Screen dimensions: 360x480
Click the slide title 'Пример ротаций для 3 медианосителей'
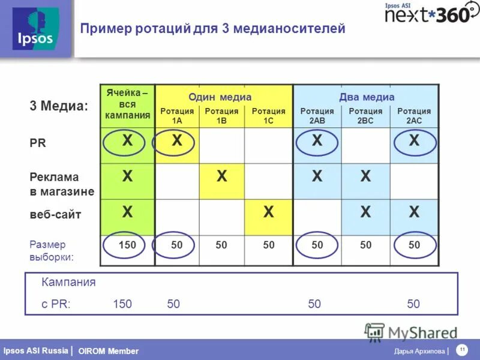coord(213,28)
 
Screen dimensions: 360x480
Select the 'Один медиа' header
coord(220,97)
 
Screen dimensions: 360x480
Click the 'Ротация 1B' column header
coord(221,115)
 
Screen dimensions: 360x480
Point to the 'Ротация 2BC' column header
coord(365,115)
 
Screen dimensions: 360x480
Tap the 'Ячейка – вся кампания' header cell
coord(127,104)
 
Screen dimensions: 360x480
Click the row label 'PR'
coord(38,143)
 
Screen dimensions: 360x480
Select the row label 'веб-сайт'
coord(55,214)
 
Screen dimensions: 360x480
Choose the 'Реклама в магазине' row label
coord(62,184)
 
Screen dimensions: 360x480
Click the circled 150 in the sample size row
coord(127,245)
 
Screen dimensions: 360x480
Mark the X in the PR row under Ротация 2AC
coord(414,141)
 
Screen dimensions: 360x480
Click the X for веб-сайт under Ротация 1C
coord(268,211)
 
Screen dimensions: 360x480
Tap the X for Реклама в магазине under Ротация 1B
coord(222,176)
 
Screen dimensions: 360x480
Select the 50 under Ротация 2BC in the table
coord(365,245)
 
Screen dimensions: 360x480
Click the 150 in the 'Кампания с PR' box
coord(122,304)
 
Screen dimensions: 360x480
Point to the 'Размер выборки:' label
coord(52,251)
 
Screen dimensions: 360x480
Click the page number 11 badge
coord(463,350)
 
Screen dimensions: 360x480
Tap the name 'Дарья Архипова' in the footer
coord(419,351)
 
